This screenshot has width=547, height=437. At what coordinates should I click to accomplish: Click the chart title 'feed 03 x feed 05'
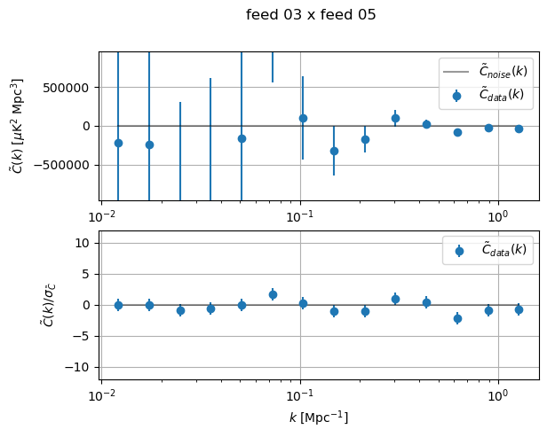click(x=311, y=15)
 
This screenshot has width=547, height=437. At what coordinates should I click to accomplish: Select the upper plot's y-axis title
click(x=19, y=126)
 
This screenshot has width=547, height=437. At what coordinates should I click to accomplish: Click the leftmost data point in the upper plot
click(x=118, y=143)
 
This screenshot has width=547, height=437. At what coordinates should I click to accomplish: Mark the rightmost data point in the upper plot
click(x=519, y=129)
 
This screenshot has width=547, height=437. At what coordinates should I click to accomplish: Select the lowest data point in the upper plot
click(x=334, y=151)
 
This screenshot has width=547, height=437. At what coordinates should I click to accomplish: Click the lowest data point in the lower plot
click(x=457, y=318)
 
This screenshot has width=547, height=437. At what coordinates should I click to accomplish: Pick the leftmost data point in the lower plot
click(x=118, y=305)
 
